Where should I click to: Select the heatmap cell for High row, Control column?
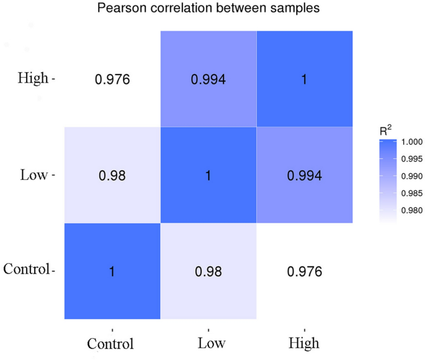coord(112,79)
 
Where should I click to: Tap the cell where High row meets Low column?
coord(208,79)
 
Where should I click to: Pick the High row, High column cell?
coord(304,79)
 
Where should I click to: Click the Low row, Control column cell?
coord(112,176)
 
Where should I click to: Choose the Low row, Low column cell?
coord(208,176)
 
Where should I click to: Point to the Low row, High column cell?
coord(304,176)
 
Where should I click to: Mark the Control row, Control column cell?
coord(112,272)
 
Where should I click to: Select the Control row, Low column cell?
coord(208,272)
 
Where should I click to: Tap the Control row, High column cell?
coord(304,272)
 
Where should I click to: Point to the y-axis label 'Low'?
coord(34,176)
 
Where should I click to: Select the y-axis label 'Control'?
coord(26,270)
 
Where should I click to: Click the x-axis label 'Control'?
coord(112,343)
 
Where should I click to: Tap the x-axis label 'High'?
coord(304,343)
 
